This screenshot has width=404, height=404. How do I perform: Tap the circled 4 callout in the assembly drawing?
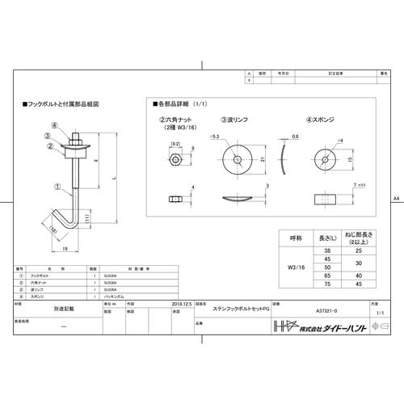[x=53, y=125]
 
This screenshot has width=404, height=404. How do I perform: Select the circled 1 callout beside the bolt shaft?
[x=57, y=184]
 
